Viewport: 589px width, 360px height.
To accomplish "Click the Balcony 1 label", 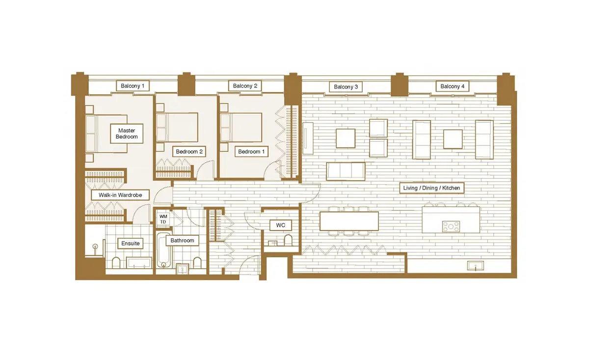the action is (x=133, y=86).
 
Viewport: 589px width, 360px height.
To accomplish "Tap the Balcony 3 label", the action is (x=346, y=87).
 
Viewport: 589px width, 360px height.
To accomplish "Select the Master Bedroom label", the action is (x=127, y=134).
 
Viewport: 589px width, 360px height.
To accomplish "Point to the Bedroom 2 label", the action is (x=189, y=152).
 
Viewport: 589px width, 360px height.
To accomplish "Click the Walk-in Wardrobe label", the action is (x=120, y=195).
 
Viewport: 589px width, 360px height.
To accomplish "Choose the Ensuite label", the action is (x=131, y=244).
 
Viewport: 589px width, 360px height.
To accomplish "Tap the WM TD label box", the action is (x=163, y=219).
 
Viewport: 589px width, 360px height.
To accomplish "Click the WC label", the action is (x=281, y=225).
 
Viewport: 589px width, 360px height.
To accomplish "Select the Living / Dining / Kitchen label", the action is (x=431, y=188).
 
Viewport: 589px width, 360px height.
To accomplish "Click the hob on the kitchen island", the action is (x=451, y=226).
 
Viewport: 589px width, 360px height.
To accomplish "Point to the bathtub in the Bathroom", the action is (x=163, y=250).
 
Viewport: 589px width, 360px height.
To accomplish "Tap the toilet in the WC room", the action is (x=288, y=240).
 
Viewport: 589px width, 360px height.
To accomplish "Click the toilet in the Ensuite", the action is (x=116, y=262).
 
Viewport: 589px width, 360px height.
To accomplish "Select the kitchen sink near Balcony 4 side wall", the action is (x=476, y=266).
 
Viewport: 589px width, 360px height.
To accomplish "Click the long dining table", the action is (x=349, y=221).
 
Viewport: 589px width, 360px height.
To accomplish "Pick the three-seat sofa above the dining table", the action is (x=346, y=171).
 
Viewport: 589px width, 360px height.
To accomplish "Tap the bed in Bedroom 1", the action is (x=241, y=127).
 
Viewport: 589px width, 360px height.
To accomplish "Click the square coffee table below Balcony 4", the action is (x=453, y=139).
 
